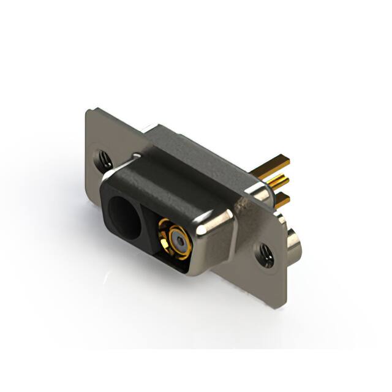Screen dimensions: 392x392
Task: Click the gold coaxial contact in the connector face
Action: coord(175,241)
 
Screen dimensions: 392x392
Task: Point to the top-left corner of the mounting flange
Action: coord(87,111)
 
